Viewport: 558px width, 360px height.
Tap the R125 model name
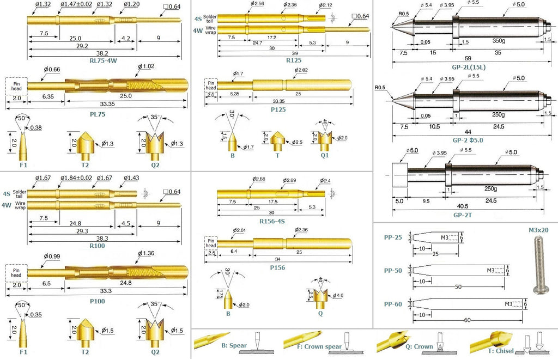[293, 60]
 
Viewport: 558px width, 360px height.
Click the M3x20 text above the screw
[538, 230]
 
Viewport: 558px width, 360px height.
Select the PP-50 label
[393, 271]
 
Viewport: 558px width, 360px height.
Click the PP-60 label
[393, 304]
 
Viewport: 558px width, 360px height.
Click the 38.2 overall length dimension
[102, 53]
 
